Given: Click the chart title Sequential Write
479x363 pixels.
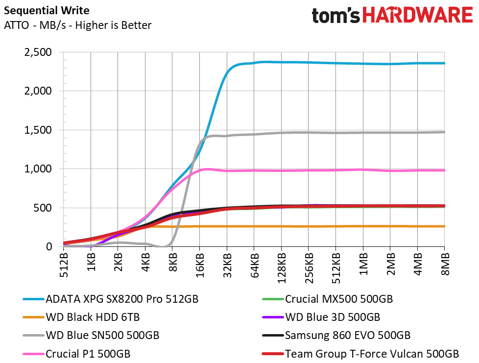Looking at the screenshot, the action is (x=47, y=11).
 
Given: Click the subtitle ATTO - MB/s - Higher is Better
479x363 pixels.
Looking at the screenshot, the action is (x=77, y=25).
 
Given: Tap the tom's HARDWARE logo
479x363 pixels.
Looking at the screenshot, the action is (x=392, y=15).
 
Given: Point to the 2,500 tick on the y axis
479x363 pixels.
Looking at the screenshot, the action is (x=38, y=52).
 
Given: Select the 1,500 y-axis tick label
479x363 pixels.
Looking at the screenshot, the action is (x=38, y=130).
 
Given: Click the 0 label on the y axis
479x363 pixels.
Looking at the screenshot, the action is (x=49, y=246).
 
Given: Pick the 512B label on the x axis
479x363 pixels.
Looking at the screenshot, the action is (x=64, y=265).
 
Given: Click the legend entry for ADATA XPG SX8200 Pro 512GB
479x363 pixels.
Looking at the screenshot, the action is (x=111, y=299).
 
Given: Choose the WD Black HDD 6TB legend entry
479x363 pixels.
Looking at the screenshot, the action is (x=81, y=317).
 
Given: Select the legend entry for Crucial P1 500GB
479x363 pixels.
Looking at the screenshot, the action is (x=77, y=354).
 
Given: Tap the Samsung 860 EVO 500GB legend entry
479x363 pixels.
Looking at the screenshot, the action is (x=336, y=336).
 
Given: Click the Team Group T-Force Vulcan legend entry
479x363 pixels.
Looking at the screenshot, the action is (x=360, y=354).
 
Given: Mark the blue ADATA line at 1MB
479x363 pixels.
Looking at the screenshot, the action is (x=363, y=64).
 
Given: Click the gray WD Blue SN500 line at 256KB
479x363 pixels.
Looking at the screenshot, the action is (x=309, y=132).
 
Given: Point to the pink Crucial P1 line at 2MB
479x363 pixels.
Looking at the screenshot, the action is (x=390, y=170).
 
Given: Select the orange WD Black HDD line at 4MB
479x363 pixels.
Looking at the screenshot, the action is (x=417, y=226).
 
